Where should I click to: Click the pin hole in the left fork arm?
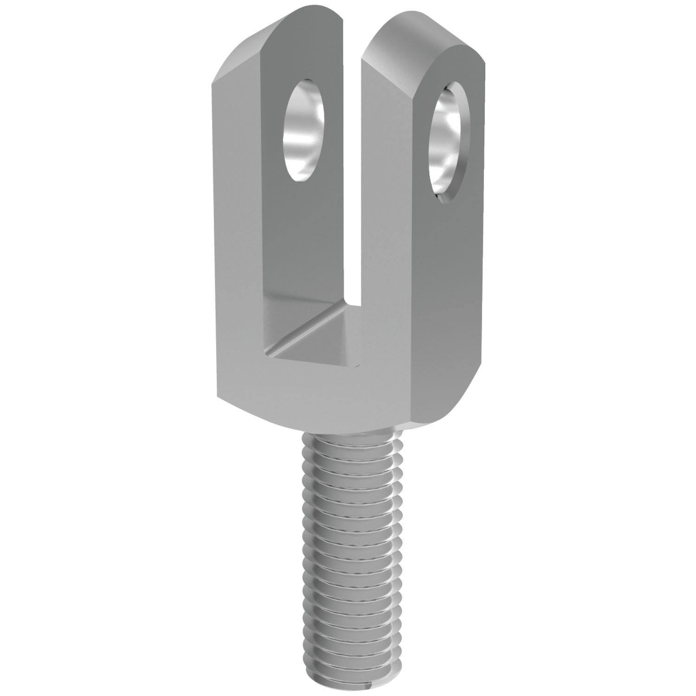(x=304, y=130)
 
